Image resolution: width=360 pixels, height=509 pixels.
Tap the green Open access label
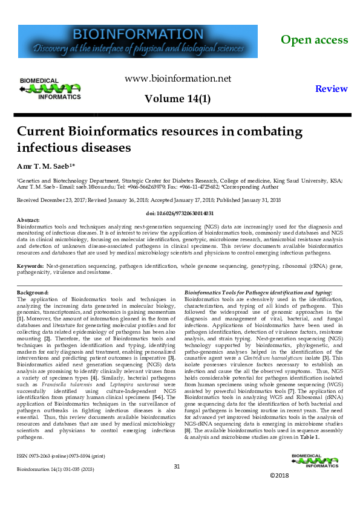[314, 40]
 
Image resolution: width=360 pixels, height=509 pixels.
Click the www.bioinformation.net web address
[177, 79]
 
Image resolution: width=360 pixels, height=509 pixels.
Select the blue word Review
[332, 89]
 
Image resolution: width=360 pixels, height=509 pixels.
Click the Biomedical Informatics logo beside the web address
[50, 88]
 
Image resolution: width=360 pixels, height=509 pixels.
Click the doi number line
[180, 213]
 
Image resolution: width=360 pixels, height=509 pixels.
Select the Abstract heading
[28, 221]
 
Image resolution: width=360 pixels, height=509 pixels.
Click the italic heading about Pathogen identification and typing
[258, 293]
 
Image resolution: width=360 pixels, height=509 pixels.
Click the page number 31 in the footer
[177, 466]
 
